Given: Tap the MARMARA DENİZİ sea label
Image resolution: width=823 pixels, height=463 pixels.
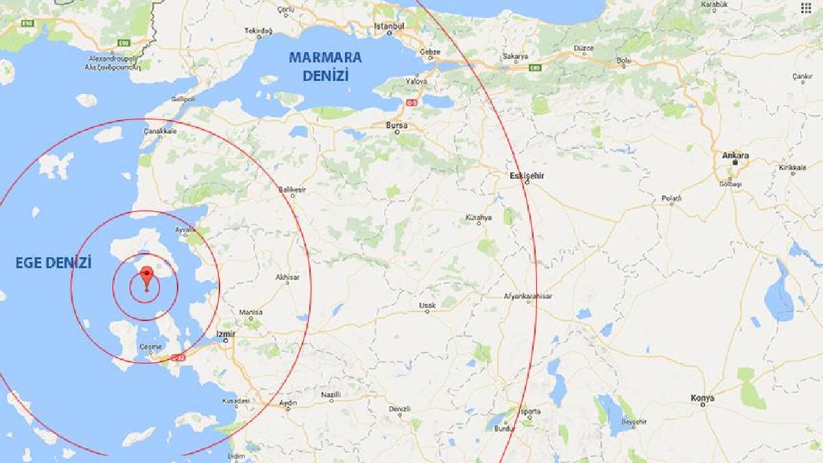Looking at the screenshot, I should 325,66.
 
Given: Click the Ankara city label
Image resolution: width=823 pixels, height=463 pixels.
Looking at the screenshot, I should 735,156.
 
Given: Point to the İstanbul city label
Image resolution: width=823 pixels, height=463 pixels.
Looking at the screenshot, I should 389,26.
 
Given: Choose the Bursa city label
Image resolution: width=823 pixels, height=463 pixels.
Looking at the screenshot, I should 396,126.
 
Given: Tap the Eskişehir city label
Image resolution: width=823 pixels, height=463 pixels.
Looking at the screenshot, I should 527,176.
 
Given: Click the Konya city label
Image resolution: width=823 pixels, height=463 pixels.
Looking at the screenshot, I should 703,398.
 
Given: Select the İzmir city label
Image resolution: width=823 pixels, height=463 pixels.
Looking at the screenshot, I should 225,334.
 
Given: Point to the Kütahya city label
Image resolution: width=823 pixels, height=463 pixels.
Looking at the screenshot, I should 479,217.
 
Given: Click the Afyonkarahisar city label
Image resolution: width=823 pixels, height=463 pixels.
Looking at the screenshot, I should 528,296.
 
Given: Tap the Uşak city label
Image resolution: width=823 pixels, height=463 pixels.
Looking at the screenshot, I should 427,305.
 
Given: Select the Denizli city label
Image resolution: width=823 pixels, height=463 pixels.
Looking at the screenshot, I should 399,409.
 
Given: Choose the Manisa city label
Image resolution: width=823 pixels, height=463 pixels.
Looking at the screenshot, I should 250,312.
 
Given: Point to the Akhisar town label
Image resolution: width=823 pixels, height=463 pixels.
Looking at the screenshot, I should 287,277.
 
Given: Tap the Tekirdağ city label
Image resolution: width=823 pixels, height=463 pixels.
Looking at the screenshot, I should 259,31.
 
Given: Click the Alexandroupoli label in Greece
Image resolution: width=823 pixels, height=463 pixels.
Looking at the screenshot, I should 109,59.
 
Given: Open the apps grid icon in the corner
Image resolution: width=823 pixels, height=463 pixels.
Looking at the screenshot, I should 805,8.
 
